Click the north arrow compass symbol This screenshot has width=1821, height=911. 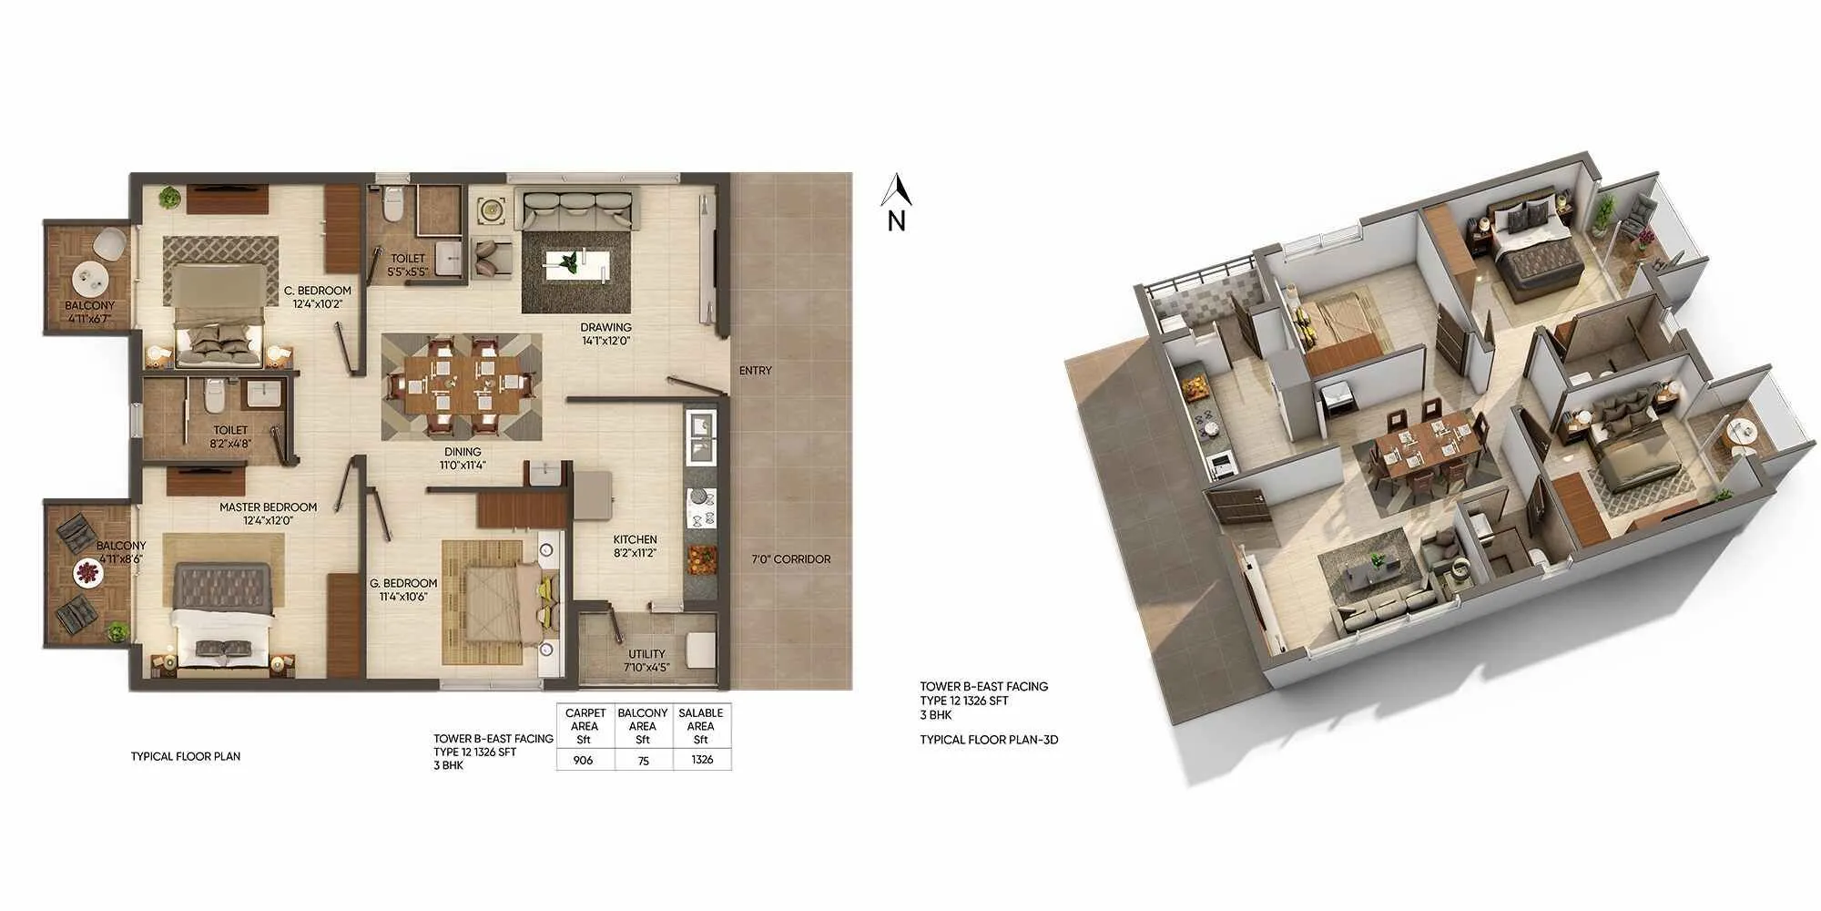click(897, 202)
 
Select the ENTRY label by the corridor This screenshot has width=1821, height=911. click(755, 371)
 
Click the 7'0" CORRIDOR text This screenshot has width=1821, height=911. click(790, 559)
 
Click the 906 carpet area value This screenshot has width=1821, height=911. click(583, 760)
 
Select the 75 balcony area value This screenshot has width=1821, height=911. click(643, 760)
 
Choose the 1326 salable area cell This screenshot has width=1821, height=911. click(702, 760)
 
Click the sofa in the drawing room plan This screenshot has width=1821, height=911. click(576, 211)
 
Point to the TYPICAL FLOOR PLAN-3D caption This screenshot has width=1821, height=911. click(989, 740)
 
